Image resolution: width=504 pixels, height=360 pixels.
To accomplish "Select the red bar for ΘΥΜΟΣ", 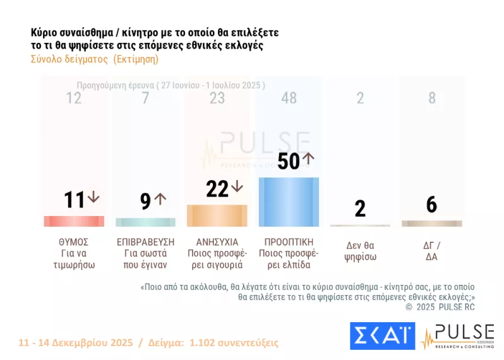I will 74,221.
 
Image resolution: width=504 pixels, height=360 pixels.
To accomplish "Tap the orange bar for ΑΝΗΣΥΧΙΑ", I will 217,215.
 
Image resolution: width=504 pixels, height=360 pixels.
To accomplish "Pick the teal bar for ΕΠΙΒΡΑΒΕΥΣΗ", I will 145,222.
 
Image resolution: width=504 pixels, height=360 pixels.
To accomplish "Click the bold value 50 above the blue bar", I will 288,161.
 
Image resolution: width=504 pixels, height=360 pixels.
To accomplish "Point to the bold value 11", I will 74,200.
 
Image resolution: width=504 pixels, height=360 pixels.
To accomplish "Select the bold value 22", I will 217,188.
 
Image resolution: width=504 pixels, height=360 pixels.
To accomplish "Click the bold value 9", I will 145,201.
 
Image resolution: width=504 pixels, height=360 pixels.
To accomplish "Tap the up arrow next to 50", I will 308,159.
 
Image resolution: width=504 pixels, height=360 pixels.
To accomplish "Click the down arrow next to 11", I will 93,197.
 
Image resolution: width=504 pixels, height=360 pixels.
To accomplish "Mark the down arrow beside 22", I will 236,186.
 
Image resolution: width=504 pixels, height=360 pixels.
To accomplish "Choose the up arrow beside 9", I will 160,198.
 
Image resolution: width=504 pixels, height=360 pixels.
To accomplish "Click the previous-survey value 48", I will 289,98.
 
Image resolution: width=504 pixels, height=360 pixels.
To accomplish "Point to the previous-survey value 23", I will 217,98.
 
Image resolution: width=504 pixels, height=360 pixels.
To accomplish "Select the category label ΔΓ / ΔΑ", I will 432,252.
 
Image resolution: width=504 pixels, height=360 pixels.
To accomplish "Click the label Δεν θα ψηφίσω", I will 360,252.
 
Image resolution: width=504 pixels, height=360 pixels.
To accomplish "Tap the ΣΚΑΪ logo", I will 382,335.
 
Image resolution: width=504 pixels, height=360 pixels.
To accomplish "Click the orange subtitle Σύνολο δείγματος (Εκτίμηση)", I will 94,59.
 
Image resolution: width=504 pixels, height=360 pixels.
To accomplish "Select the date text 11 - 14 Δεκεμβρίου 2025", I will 76,343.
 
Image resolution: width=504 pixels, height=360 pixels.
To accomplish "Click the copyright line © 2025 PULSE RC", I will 440,307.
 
